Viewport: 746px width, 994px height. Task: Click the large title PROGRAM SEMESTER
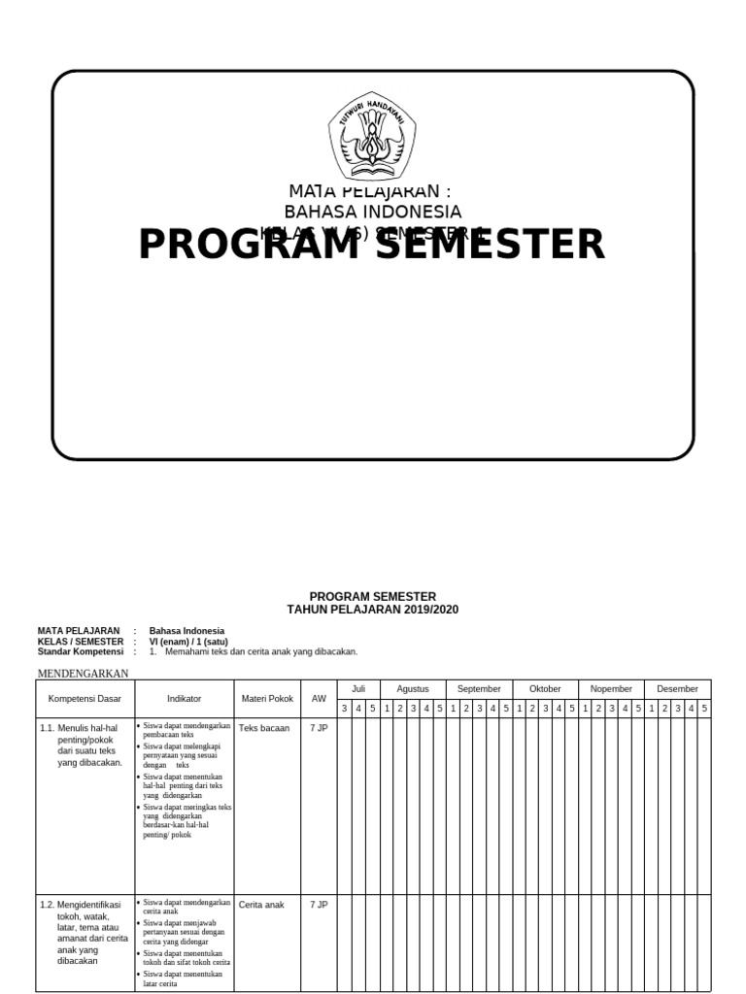click(x=372, y=245)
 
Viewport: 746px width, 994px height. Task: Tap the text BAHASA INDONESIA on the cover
click(x=372, y=212)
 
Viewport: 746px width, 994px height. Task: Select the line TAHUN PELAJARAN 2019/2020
click(x=372, y=610)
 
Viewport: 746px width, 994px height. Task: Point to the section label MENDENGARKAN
click(x=83, y=673)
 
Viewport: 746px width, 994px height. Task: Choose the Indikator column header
click(x=184, y=699)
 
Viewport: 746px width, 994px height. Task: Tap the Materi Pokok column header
click(x=266, y=699)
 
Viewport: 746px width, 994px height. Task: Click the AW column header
click(x=319, y=699)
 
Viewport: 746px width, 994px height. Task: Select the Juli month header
click(x=358, y=689)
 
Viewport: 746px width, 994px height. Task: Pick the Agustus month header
click(x=413, y=689)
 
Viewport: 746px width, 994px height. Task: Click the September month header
click(x=479, y=689)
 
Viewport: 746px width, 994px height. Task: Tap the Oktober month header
click(x=545, y=689)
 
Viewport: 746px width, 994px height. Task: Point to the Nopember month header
click(x=611, y=689)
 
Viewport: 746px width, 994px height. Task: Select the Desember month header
click(x=677, y=689)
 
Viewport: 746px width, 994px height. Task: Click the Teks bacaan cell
click(x=264, y=728)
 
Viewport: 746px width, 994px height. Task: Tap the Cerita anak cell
click(x=261, y=905)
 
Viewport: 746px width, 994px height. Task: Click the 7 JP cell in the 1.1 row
click(x=319, y=728)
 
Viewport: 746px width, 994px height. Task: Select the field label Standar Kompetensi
click(x=80, y=652)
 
